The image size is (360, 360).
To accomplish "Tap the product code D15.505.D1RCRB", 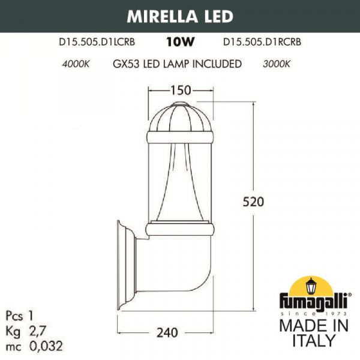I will pyautogui.click(x=262, y=43).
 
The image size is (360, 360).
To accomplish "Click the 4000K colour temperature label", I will pyautogui.click(x=76, y=64).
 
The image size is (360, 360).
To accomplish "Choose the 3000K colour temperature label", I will pyautogui.click(x=276, y=64).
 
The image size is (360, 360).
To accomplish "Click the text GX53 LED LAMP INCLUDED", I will pyautogui.click(x=177, y=64).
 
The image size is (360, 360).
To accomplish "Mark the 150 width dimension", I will pyautogui.click(x=180, y=90).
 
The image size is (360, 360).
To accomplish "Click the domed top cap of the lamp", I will pyautogui.click(x=180, y=114).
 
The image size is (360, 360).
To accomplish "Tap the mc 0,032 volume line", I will pyautogui.click(x=33, y=346).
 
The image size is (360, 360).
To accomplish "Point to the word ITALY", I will pyautogui.click(x=313, y=341).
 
